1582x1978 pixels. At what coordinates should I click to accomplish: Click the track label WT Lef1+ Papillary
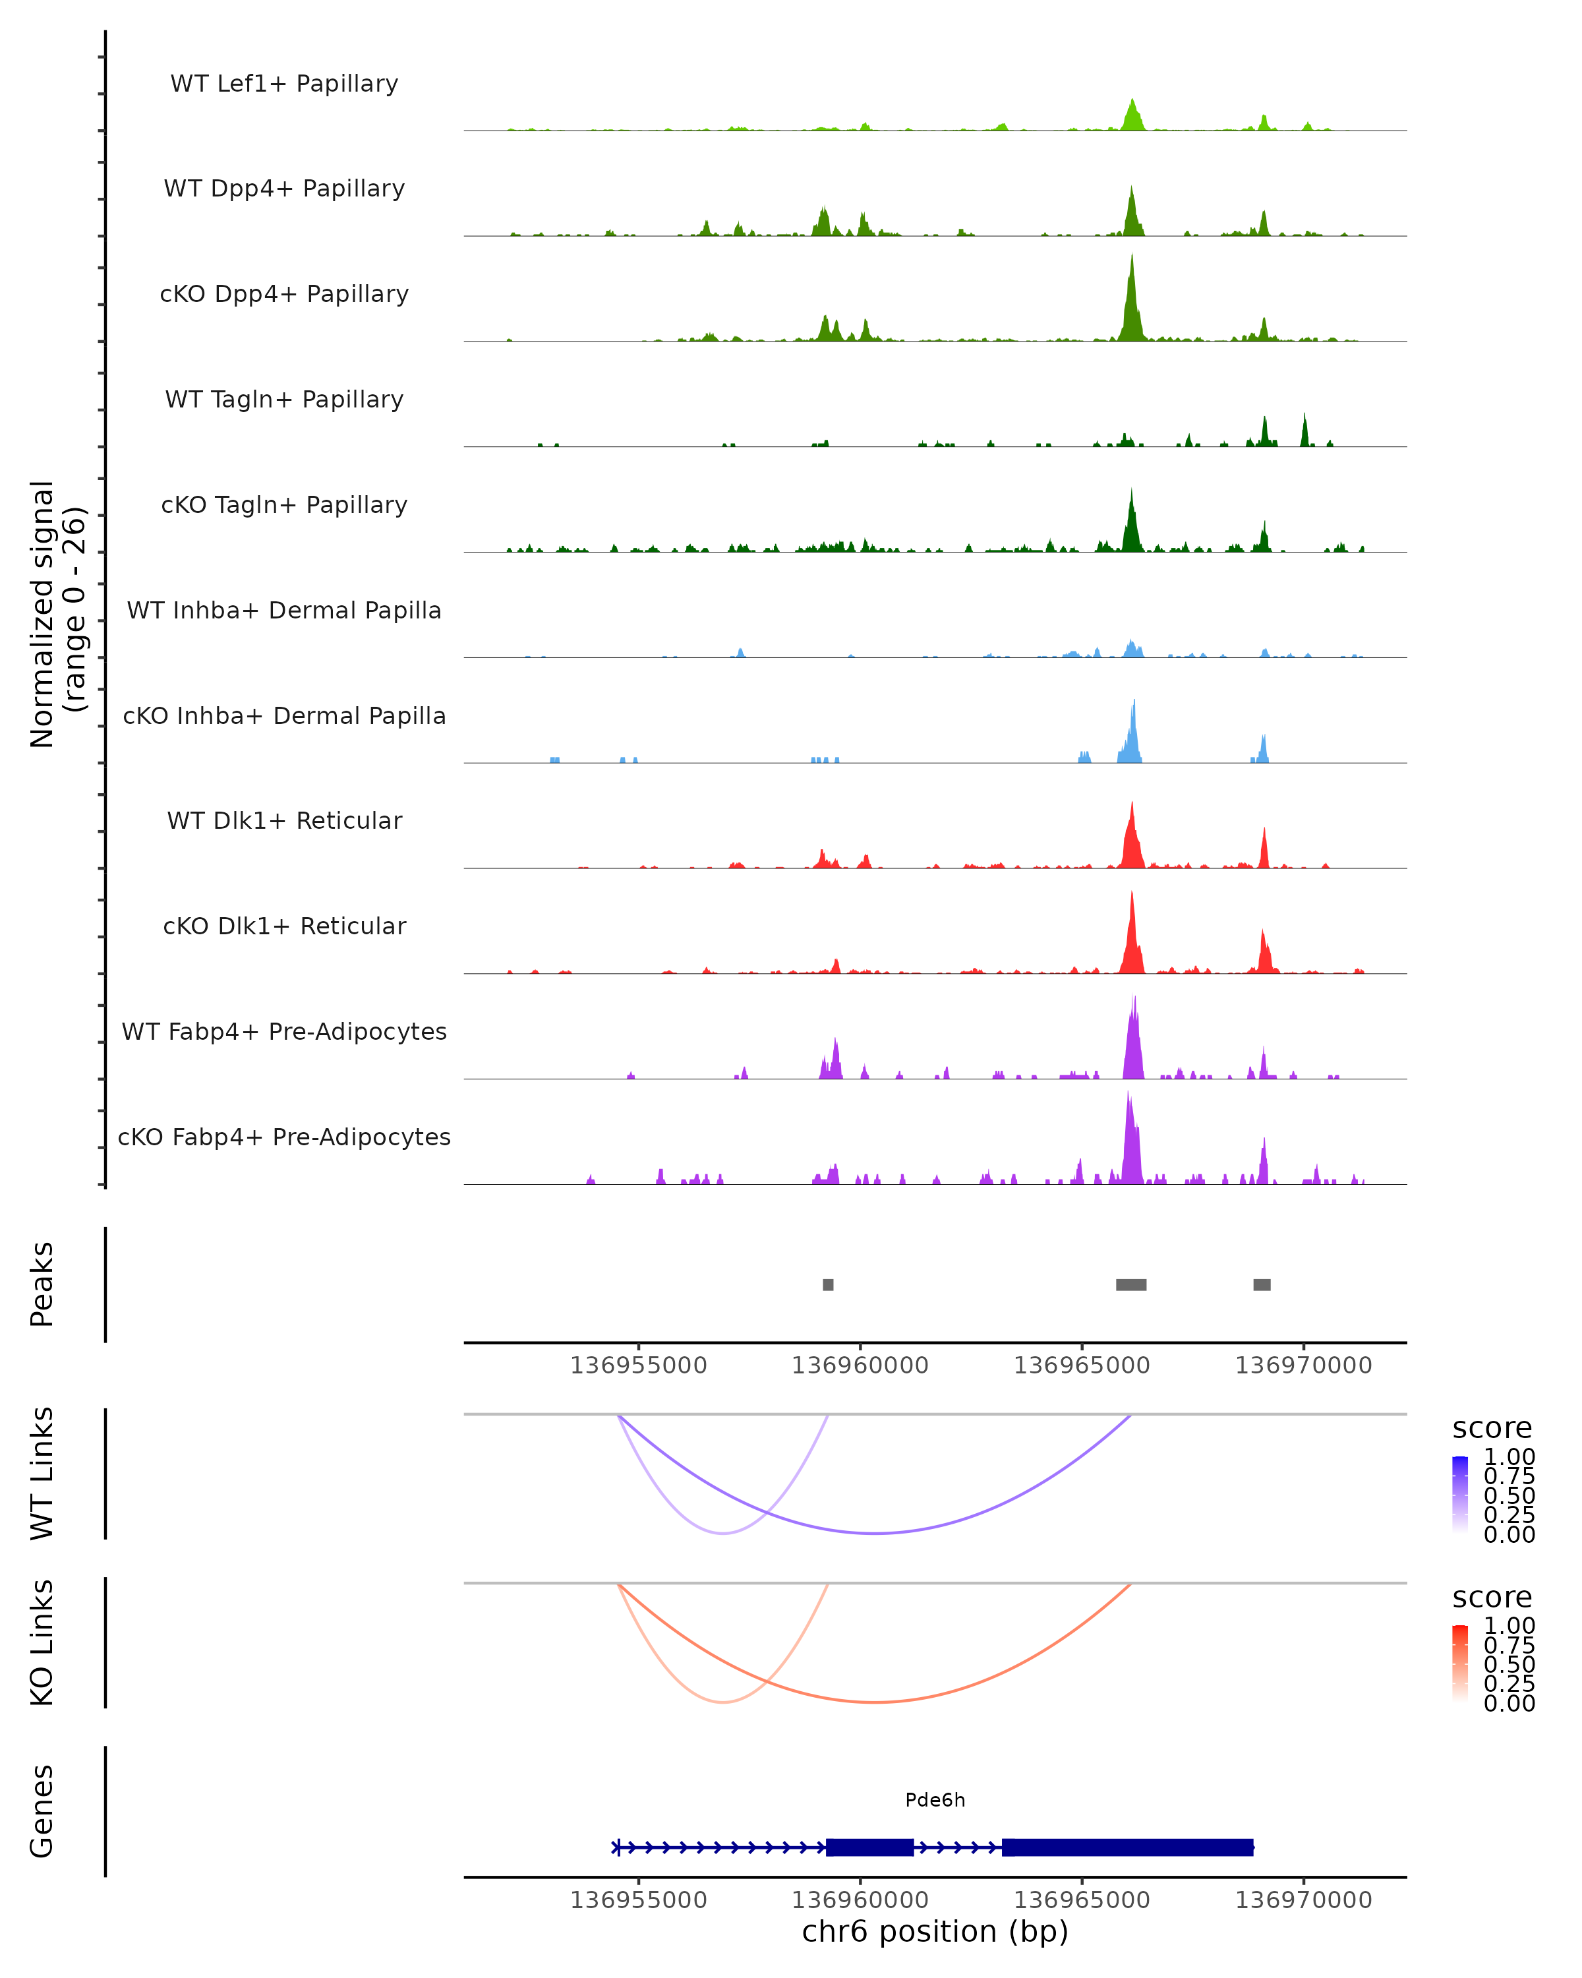point(284,84)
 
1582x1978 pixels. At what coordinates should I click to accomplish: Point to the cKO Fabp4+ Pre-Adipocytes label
point(284,1137)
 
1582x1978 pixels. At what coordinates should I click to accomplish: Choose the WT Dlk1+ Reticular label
point(284,821)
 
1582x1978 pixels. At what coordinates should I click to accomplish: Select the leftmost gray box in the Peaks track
point(828,1284)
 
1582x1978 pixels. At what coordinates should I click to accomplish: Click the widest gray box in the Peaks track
point(1130,1284)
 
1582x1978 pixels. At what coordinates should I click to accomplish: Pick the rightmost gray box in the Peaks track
point(1262,1284)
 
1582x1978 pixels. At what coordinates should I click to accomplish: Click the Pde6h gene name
point(935,1800)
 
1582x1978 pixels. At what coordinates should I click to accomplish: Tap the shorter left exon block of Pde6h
point(869,1847)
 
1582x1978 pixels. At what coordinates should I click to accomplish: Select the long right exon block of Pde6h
point(1127,1847)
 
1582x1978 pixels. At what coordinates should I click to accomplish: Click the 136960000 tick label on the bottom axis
point(860,1900)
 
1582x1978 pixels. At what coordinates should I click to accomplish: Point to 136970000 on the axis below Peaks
point(1303,1365)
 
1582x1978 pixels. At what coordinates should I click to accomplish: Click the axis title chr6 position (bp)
point(935,1932)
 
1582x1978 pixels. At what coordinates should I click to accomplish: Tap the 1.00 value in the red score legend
point(1509,1626)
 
